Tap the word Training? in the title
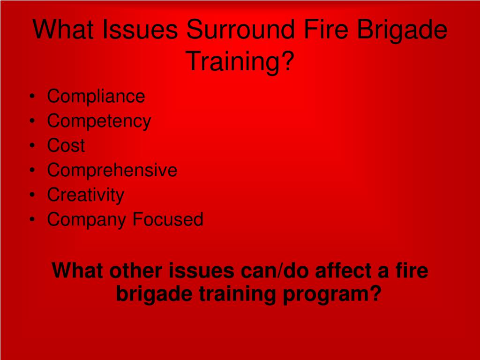(240, 61)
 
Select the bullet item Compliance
(96, 96)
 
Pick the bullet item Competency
(99, 121)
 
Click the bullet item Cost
(66, 145)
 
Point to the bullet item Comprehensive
(112, 170)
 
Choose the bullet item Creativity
(86, 195)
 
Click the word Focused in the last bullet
(168, 219)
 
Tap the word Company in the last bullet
(87, 220)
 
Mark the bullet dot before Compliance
(32, 97)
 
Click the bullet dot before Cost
(32, 146)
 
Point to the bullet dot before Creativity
(32, 195)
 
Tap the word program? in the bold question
(332, 294)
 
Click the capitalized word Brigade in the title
(402, 30)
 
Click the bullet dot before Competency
(32, 121)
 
